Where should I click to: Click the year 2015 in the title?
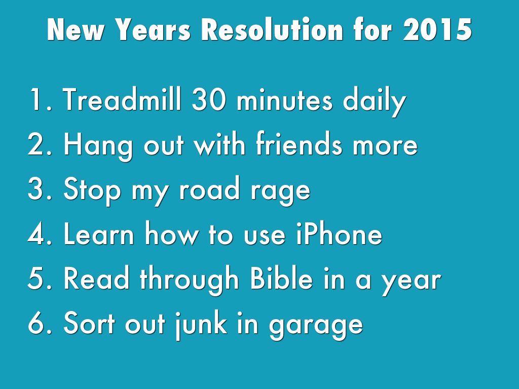(x=437, y=30)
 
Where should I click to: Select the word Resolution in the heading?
(x=272, y=29)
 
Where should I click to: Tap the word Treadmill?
(x=122, y=99)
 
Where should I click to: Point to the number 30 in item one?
(x=208, y=100)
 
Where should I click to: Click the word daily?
(x=374, y=102)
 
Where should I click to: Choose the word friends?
(x=299, y=144)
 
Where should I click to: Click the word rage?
(x=280, y=192)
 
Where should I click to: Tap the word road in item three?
(x=209, y=188)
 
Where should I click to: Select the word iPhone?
(x=339, y=234)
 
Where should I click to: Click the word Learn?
(x=98, y=234)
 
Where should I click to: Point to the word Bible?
(x=281, y=278)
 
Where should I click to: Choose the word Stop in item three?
(x=92, y=190)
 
